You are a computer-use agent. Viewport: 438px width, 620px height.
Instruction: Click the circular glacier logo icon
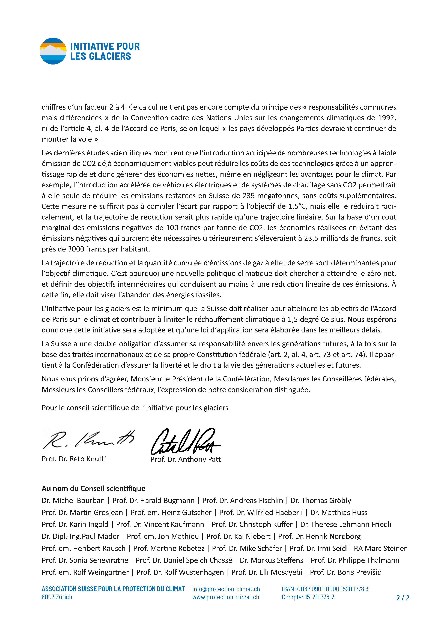pos(53,51)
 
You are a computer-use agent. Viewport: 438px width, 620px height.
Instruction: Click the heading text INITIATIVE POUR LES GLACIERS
pos(105,51)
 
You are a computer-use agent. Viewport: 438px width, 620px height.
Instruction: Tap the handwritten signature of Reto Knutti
pos(88,439)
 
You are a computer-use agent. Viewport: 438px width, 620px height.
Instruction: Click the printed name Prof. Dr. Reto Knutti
pos(74,459)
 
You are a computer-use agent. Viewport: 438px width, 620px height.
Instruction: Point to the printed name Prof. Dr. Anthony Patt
pos(185,459)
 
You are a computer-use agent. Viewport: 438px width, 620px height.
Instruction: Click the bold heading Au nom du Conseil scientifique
pos(93,489)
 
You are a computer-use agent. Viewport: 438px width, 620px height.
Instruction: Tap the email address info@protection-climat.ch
pos(226,589)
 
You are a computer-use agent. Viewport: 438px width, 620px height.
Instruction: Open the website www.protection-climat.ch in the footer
pos(225,597)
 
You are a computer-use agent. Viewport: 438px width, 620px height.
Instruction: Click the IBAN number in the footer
pos(325,589)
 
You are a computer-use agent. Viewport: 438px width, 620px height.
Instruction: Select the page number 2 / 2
pos(403,598)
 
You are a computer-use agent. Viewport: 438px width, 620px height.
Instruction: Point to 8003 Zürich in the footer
pos(57,597)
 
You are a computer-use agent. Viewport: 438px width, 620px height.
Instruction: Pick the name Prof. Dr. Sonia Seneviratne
pos(85,560)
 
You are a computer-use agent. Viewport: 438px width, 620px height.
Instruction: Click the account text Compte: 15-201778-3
pos(308,597)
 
